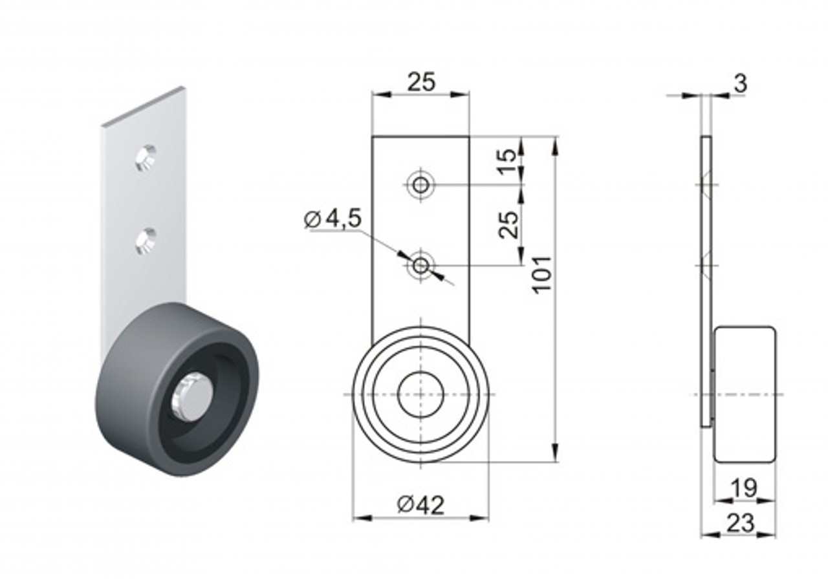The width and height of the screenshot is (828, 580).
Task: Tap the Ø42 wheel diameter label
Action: pyautogui.click(x=420, y=506)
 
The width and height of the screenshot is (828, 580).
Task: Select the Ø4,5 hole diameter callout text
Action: pyautogui.click(x=332, y=219)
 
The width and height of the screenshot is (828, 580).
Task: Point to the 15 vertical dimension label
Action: pyautogui.click(x=508, y=161)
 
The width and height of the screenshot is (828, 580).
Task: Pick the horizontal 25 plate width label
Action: pyautogui.click(x=421, y=82)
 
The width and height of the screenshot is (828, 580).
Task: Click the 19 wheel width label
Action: pyautogui.click(x=745, y=488)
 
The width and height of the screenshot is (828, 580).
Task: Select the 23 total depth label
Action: pyautogui.click(x=741, y=524)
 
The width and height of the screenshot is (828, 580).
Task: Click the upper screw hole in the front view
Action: pyautogui.click(x=420, y=184)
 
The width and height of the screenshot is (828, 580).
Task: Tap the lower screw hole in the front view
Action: pyautogui.click(x=420, y=265)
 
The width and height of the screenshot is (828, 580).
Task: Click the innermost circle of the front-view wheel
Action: pyautogui.click(x=420, y=394)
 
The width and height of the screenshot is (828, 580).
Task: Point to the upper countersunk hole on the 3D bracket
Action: pyautogui.click(x=146, y=158)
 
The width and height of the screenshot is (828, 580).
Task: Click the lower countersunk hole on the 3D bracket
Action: pyautogui.click(x=146, y=242)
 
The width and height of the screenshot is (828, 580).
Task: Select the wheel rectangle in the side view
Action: pyautogui.click(x=745, y=394)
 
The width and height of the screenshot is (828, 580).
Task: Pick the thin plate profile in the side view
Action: pyautogui.click(x=706, y=282)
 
